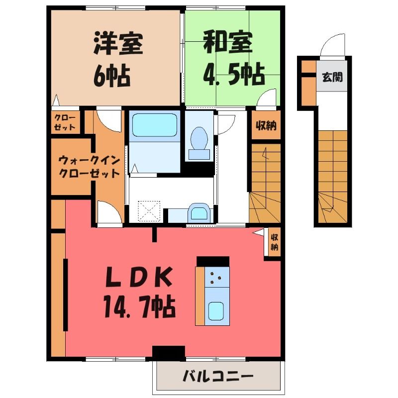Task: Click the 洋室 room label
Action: (118, 43)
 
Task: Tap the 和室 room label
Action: (228, 42)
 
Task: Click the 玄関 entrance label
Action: (332, 77)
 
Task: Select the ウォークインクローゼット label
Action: (89, 167)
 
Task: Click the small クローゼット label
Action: (65, 122)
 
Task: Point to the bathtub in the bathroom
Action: (155, 125)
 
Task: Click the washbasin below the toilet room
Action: (199, 213)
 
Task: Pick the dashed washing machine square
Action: (149, 211)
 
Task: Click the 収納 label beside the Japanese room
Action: (266, 126)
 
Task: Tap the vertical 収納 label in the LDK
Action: (275, 242)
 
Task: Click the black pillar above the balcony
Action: (169, 353)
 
